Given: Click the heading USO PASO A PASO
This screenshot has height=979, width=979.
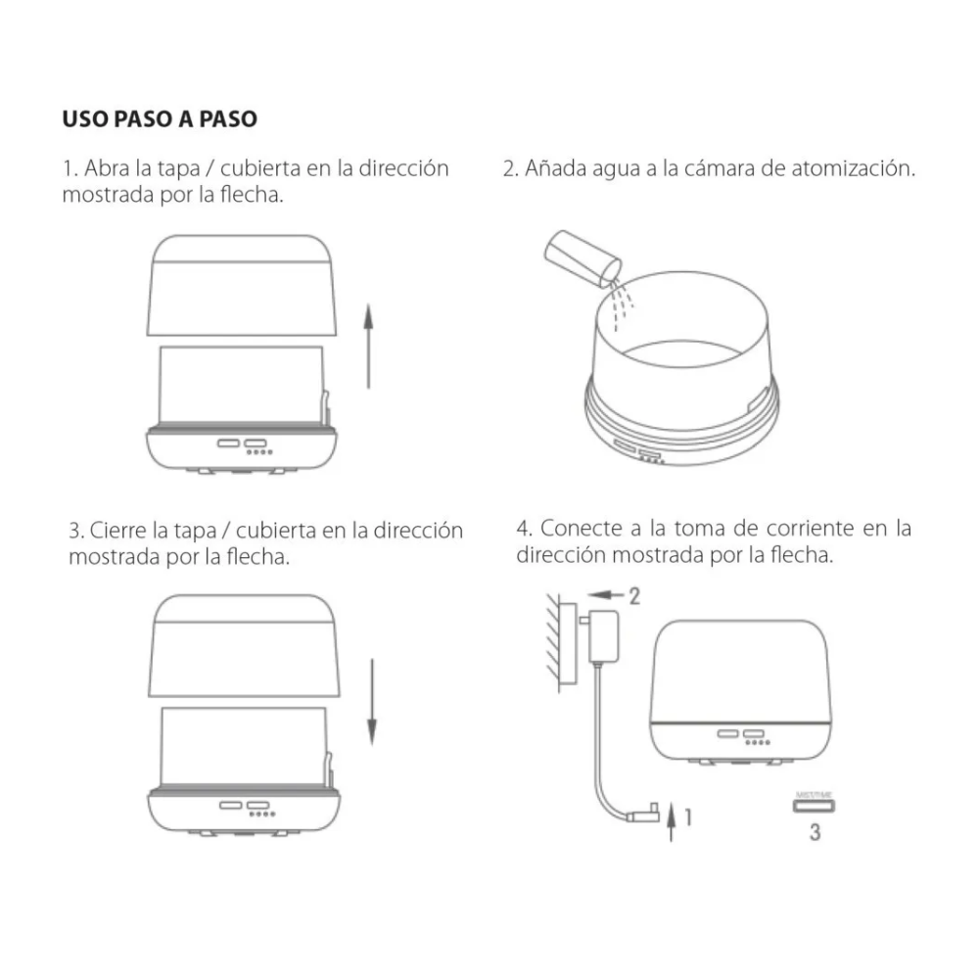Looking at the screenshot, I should click(x=160, y=119).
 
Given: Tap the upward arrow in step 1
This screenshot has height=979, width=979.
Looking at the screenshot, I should click(x=368, y=346).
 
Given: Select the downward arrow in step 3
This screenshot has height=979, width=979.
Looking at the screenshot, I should click(x=372, y=701).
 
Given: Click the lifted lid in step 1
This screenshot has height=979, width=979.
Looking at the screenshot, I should click(x=243, y=285).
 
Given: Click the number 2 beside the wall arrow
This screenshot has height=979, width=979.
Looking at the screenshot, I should click(x=633, y=594).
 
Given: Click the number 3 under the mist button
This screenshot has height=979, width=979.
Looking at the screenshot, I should click(x=815, y=833).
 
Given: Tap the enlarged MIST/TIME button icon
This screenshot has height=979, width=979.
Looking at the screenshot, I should click(x=815, y=806).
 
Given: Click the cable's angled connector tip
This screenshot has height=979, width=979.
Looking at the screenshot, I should click(x=647, y=812).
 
